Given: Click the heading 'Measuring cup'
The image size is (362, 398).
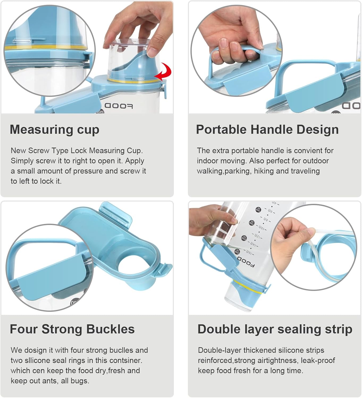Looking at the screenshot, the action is (x=54, y=130).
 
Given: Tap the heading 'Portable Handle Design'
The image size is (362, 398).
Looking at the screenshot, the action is (x=267, y=130).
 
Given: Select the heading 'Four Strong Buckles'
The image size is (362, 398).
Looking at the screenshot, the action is (x=72, y=329).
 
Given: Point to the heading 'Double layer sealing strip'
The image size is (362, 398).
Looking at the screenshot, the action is (x=275, y=329).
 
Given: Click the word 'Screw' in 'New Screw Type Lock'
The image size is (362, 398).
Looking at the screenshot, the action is (x=39, y=151).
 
